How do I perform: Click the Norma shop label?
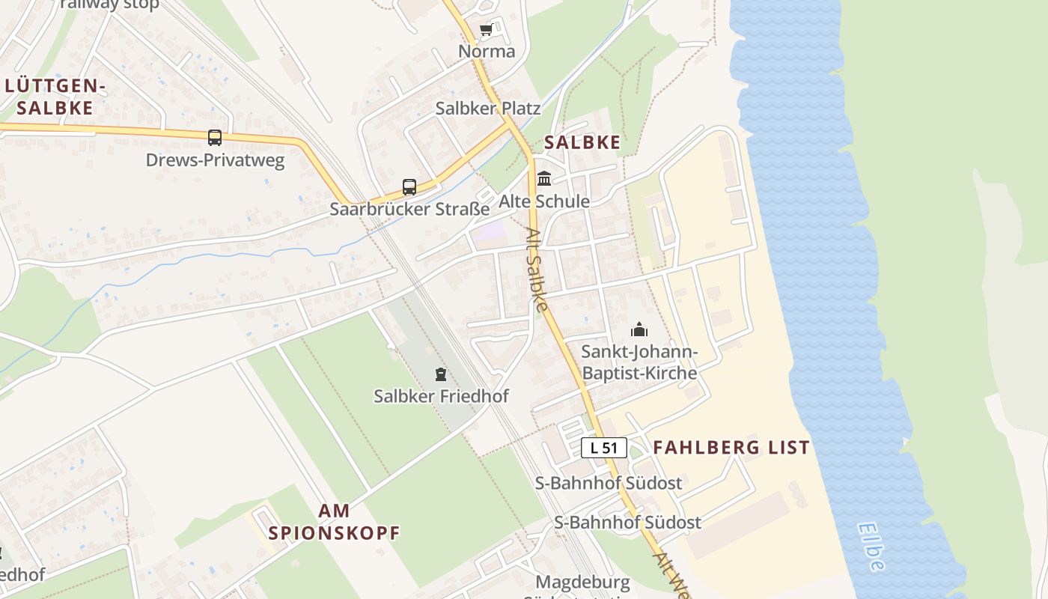[x=487, y=52]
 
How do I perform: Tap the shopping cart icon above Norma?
[x=487, y=30]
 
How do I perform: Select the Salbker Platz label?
[x=488, y=109]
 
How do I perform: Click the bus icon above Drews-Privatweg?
[x=215, y=138]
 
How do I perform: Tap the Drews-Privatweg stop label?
[x=215, y=160]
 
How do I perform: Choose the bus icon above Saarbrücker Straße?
[x=409, y=187]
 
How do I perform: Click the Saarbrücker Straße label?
[x=409, y=209]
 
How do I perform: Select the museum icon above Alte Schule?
[x=544, y=179]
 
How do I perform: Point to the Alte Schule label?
[x=544, y=201]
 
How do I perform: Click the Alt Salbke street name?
[x=537, y=270]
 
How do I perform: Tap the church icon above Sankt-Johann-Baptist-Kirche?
[x=639, y=329]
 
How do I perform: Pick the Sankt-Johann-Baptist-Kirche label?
[x=639, y=362]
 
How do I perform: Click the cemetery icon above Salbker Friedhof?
[x=441, y=374]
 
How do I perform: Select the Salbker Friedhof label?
[x=441, y=396]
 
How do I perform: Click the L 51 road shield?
[x=604, y=448]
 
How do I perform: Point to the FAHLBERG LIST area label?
[x=731, y=448]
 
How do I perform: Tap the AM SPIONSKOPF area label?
[x=334, y=523]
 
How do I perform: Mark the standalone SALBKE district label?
[x=582, y=142]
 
